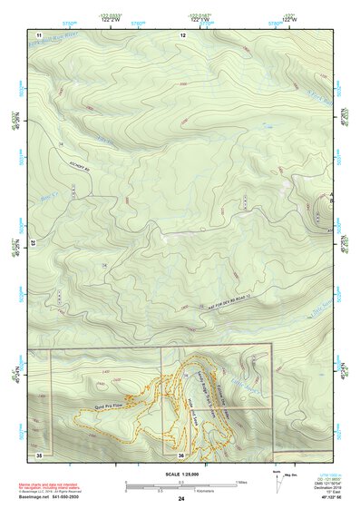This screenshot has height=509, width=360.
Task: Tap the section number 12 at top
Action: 183,34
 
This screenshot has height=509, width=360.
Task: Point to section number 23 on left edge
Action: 34,243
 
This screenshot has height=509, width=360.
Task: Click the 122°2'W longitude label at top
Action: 111,20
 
